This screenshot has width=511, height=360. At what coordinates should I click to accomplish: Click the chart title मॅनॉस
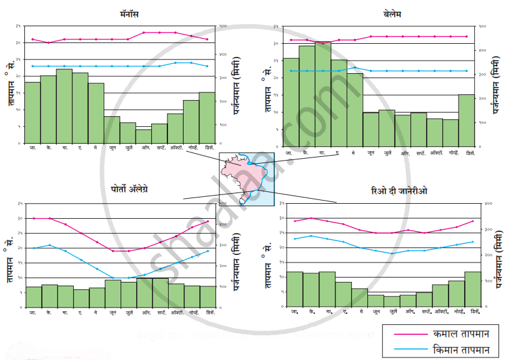coord(133,13)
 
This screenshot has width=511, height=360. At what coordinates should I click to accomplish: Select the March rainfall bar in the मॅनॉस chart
coord(64,106)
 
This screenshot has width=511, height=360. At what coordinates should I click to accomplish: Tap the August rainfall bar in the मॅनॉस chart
coord(144,136)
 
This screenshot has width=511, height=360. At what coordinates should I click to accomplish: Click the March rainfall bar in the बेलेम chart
coord(323,94)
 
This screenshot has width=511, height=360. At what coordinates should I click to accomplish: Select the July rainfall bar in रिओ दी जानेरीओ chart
coord(392,301)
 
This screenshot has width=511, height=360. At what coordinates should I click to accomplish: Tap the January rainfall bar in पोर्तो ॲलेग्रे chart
coord(33,297)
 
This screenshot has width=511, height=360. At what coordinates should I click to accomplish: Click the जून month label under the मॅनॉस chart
coord(112,149)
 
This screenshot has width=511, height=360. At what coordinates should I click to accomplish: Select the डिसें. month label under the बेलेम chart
coord(466,152)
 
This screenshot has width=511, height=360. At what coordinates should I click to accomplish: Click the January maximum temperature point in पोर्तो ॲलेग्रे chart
coord(33,218)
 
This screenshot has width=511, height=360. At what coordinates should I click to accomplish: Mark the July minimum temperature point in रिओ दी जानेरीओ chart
coord(392,253)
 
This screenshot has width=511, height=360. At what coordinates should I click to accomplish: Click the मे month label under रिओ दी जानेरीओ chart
coord(360,311)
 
